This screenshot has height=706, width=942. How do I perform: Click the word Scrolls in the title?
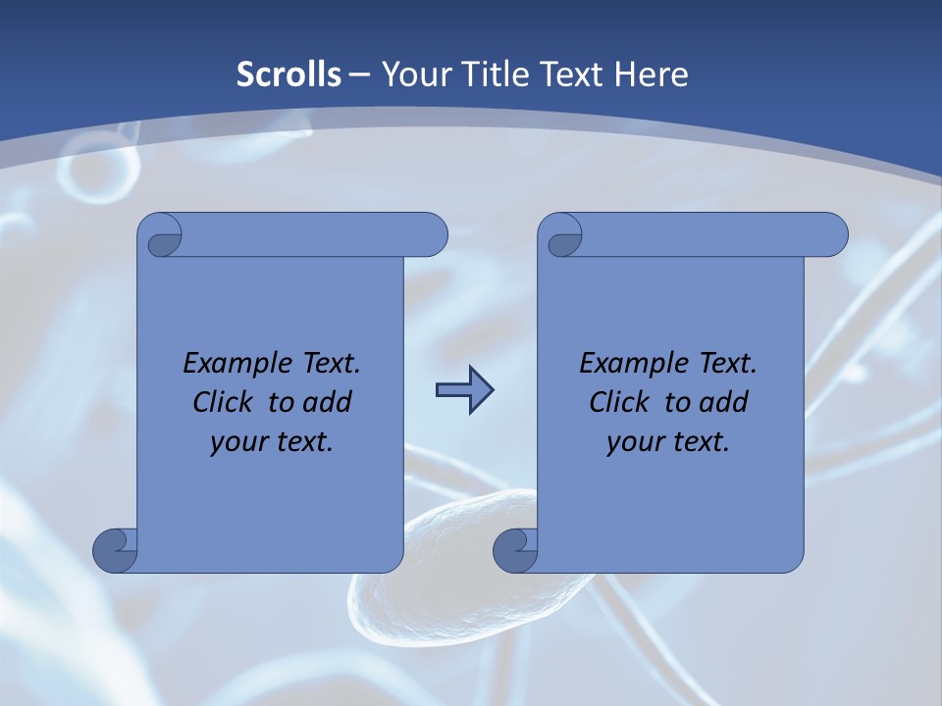289,75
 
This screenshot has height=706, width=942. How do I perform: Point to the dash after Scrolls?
359,76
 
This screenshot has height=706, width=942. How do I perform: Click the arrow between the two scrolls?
464,391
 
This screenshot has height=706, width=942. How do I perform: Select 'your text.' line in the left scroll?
272,441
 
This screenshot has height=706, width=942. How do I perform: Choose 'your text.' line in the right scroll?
668,441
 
